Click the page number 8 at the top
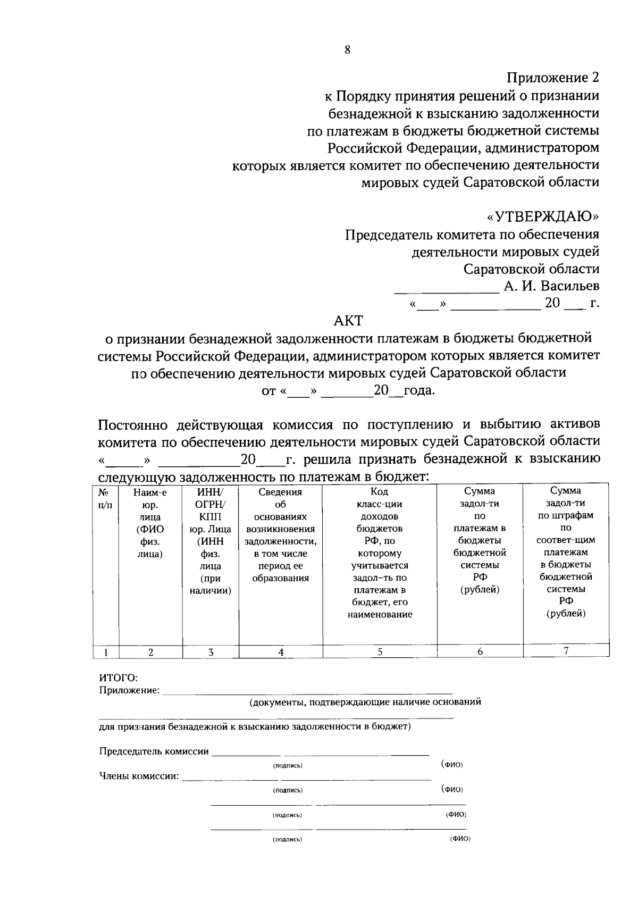click(x=348, y=50)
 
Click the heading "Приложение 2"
click(x=552, y=78)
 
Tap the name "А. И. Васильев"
click(x=551, y=286)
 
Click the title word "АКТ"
click(x=348, y=321)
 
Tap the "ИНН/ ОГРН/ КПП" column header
click(x=211, y=504)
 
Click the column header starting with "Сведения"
click(x=280, y=535)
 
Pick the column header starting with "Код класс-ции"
click(x=380, y=553)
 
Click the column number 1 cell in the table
click(x=105, y=652)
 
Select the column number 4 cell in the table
click(x=280, y=652)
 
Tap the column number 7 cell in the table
click(x=566, y=650)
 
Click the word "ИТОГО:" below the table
click(x=119, y=678)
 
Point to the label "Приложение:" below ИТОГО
click(x=129, y=691)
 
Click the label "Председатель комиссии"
click(x=154, y=751)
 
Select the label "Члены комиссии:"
click(x=139, y=776)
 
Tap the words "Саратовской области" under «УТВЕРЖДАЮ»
click(x=531, y=269)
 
